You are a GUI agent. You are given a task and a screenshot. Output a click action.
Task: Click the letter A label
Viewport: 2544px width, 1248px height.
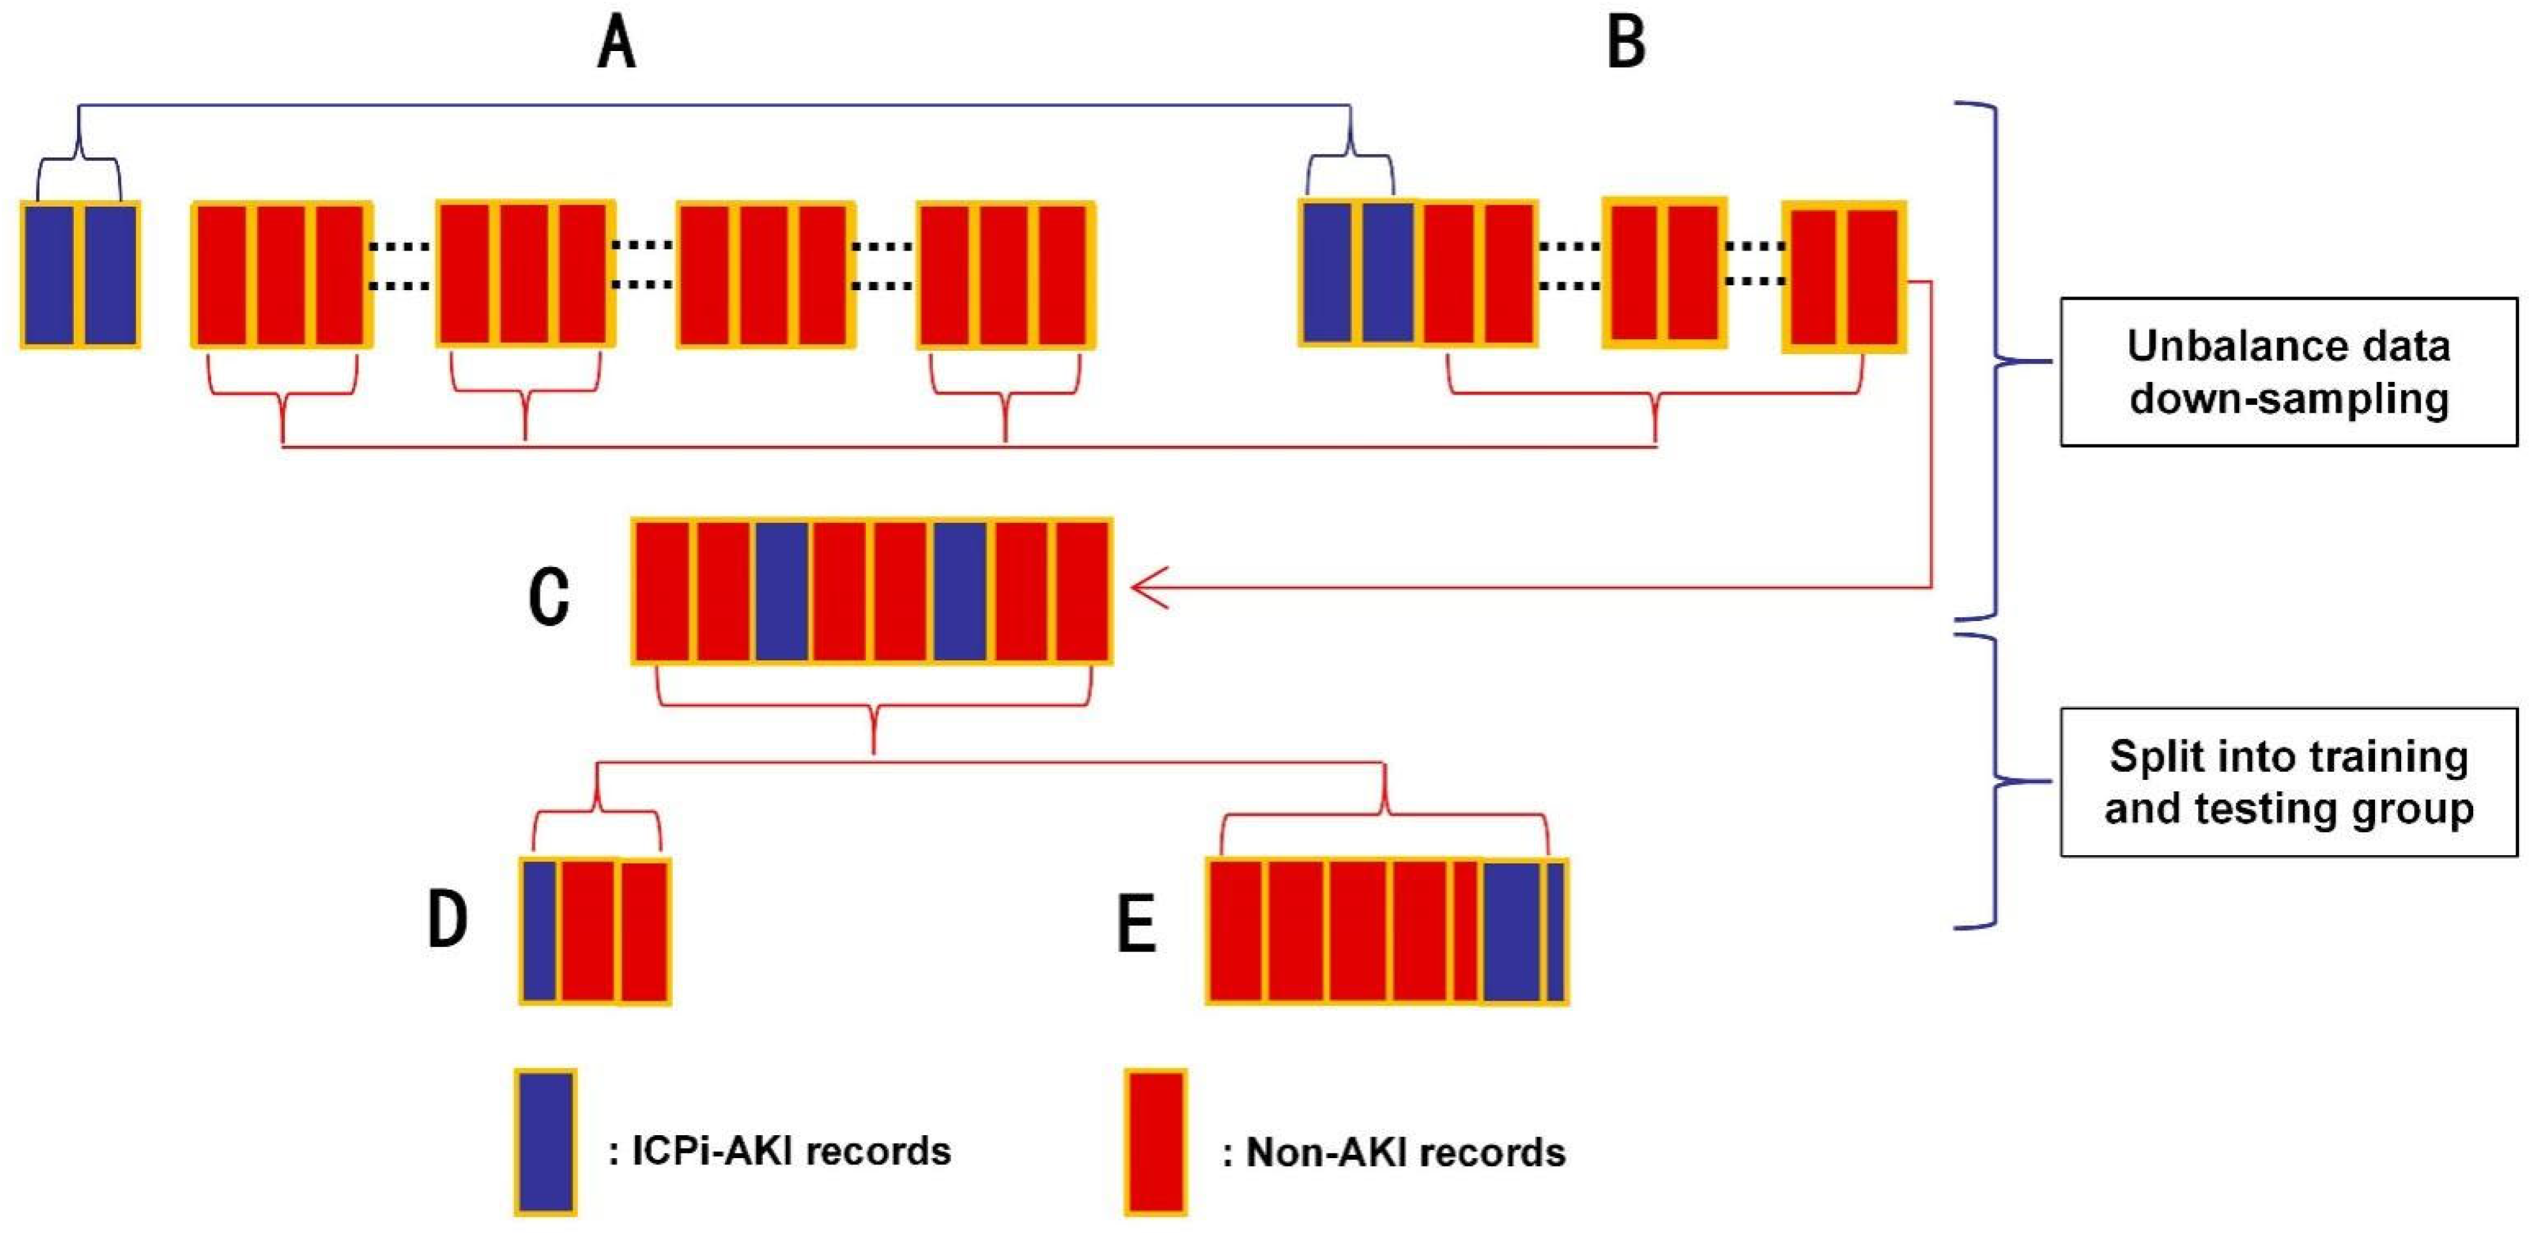[617, 45]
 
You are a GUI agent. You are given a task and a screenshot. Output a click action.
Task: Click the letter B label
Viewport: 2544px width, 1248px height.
[1626, 45]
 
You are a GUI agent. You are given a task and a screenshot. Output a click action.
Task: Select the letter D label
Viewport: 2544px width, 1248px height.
[447, 918]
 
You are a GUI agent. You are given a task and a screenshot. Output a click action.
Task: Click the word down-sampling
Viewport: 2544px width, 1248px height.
[2288, 399]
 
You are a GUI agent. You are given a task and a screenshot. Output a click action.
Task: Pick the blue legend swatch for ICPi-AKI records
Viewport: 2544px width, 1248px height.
[545, 1142]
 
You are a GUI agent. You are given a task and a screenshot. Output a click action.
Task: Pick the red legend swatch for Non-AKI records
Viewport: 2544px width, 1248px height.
[1156, 1142]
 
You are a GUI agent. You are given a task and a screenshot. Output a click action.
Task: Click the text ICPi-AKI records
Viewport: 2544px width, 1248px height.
[790, 1151]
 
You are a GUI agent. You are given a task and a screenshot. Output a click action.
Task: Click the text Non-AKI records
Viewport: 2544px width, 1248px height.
[1404, 1152]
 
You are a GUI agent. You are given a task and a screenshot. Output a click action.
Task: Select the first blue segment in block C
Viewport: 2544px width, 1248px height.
[782, 591]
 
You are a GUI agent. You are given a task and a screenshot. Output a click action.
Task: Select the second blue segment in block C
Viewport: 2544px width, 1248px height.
[960, 591]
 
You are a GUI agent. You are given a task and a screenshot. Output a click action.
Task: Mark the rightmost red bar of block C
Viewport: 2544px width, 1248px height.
[1082, 591]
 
